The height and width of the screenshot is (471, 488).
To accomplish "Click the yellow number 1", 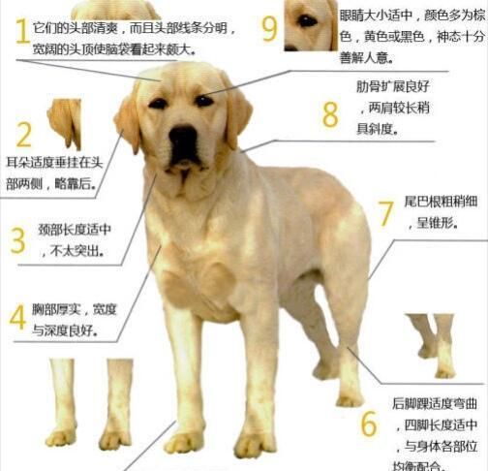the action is tap(22, 31).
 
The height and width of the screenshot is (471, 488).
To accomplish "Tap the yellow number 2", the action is tap(23, 135).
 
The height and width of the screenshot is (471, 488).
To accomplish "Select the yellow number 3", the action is tap(18, 240).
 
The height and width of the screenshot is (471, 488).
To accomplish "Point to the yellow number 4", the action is tap(17, 317).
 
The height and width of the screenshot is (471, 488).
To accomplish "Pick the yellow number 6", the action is tap(369, 424).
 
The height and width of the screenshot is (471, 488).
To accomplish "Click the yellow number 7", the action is tap(386, 214).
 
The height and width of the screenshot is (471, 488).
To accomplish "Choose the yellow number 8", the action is tap(330, 114).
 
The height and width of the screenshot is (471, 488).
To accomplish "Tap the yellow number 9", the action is tap(269, 29).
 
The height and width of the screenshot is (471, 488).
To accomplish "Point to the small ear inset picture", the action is tap(65, 124).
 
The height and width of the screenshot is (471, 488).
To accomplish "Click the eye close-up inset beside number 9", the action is tap(311, 25).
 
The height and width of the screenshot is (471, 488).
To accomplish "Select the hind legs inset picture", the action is tap(431, 346).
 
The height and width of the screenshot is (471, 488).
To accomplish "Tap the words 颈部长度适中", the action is tap(75, 230).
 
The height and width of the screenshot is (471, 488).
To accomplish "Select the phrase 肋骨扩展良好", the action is tap(393, 86).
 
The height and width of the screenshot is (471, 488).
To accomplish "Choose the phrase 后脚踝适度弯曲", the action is tap(435, 404).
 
